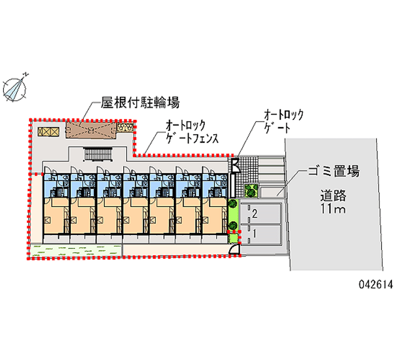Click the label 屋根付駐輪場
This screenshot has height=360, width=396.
tap(133, 103)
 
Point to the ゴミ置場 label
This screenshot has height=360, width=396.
tap(333, 172)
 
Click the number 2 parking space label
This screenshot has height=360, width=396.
tap(254, 214)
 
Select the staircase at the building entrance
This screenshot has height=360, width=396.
tap(99, 155)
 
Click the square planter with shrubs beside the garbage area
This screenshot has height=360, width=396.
tap(251, 190)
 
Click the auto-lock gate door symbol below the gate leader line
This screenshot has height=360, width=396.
tap(235, 164)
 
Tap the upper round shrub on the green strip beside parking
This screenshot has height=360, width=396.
tap(233, 203)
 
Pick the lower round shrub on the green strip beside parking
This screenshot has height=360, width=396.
tap(233, 226)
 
